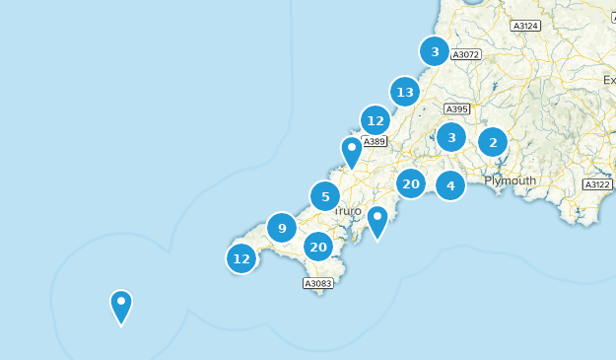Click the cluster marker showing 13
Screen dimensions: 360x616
point(404,93)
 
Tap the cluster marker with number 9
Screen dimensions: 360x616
point(282,229)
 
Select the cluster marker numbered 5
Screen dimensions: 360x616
point(325,197)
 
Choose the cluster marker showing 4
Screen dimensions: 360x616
point(450,184)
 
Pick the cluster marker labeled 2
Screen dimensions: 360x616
point(493,143)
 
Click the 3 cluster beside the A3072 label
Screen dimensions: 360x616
point(435,51)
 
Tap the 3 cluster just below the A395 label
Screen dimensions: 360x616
point(451,137)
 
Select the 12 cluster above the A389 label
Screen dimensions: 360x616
point(375,121)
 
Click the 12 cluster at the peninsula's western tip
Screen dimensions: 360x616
point(241,258)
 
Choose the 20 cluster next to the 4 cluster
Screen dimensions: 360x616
point(411,183)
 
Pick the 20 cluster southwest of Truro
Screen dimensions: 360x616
point(317,247)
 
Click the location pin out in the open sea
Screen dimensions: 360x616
point(121,306)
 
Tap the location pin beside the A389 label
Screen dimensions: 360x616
point(352,152)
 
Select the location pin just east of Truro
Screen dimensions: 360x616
point(377,221)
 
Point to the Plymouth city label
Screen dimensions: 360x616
point(510,180)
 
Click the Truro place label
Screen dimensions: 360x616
point(347,212)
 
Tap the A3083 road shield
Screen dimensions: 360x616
point(318,283)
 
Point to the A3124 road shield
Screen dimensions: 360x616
point(526,26)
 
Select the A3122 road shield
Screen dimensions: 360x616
point(597,184)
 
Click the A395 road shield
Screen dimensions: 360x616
point(456,109)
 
